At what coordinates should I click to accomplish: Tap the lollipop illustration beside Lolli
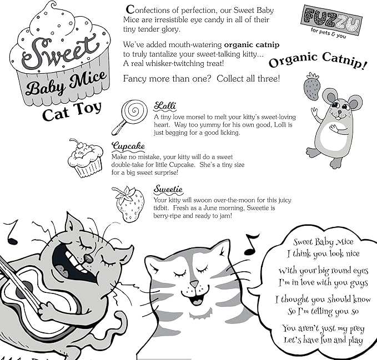coord(130,116)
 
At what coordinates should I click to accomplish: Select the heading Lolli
coord(165,106)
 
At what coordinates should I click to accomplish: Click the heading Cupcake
coord(128,146)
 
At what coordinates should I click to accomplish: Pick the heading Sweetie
coord(168,189)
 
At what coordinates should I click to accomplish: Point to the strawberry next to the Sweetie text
coord(128,204)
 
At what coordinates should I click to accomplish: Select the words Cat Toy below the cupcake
coord(72,111)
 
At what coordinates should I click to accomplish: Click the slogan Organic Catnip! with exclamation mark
coord(318,60)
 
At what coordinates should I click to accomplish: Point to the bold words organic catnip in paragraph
coord(252,45)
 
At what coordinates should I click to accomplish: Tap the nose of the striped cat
coord(194,285)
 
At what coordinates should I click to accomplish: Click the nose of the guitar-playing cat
coord(88,258)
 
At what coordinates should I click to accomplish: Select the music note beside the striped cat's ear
coord(251,245)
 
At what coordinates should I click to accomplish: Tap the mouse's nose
coord(339,112)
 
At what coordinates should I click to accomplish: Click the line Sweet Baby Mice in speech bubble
coord(323,242)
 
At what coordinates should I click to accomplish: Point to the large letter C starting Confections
coord(130,9)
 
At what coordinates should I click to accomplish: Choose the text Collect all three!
coord(248,79)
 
